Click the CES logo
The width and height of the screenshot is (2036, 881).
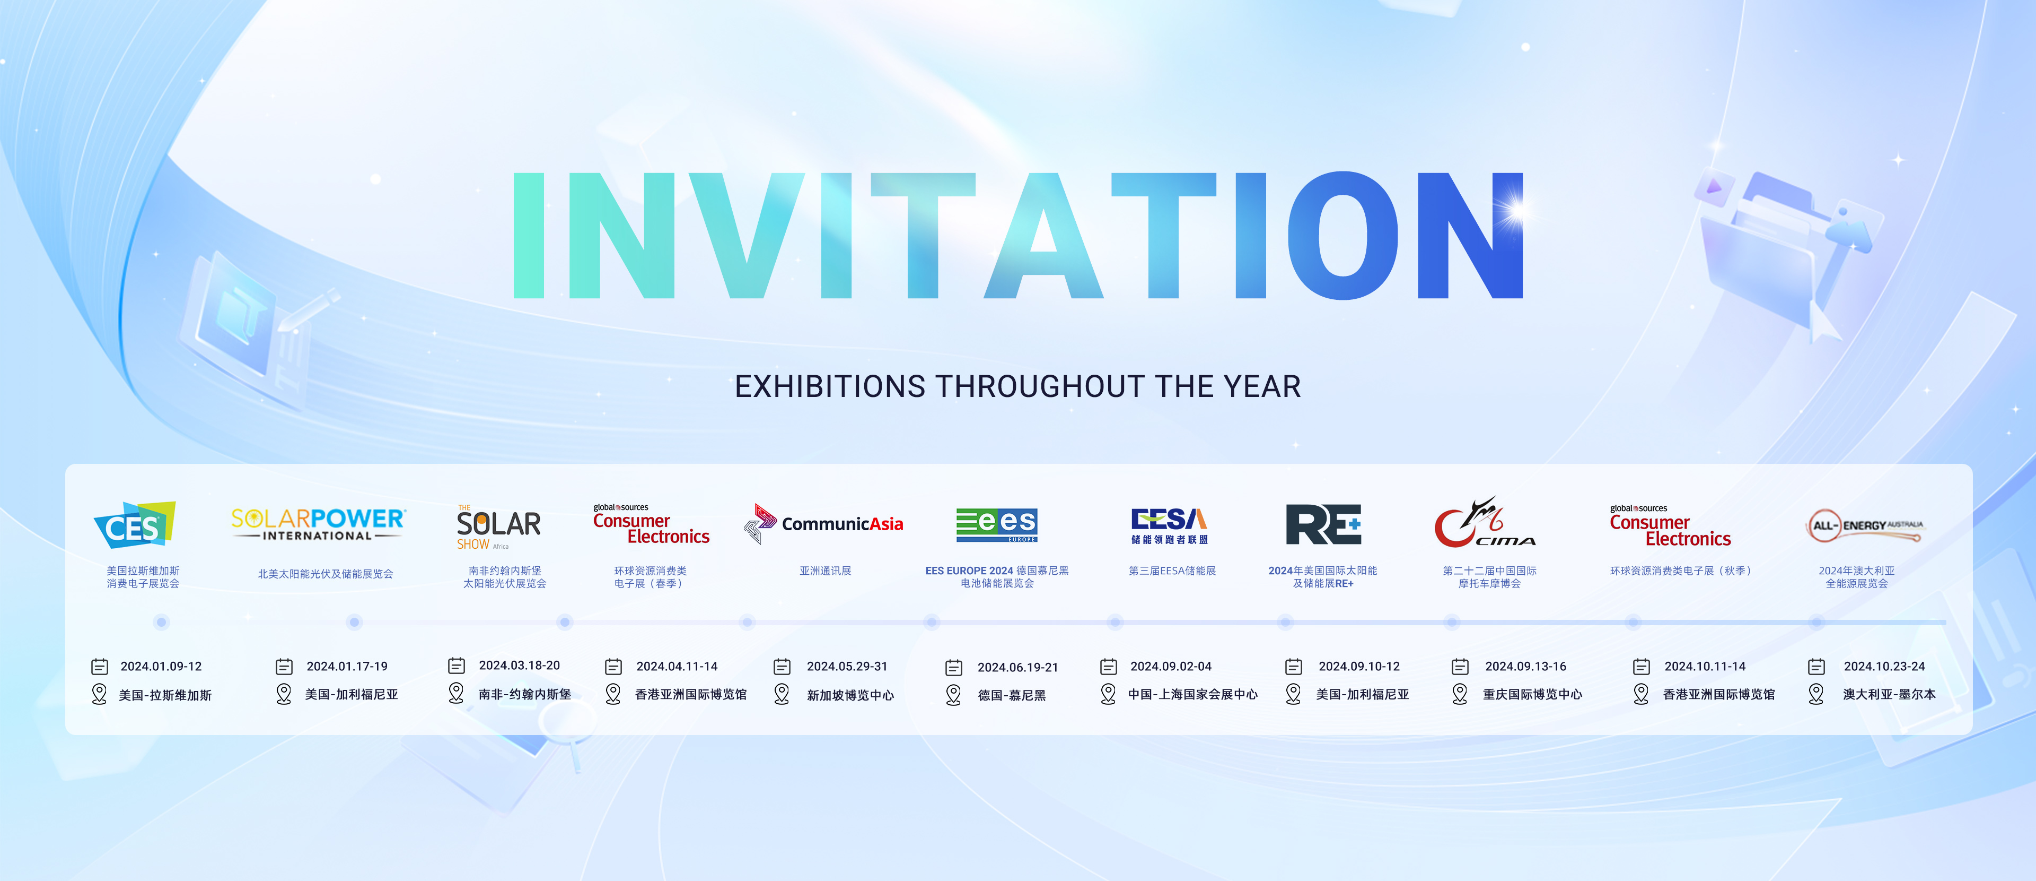point(134,525)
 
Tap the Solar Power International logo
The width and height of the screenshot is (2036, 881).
point(318,524)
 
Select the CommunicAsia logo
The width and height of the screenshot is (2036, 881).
point(823,523)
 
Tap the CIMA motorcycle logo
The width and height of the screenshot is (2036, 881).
point(1485,523)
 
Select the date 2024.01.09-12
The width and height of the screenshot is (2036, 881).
point(161,667)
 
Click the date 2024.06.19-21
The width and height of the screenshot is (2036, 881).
point(1018,668)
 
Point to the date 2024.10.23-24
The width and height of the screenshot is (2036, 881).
point(1884,667)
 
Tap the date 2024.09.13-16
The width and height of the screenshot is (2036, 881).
point(1525,667)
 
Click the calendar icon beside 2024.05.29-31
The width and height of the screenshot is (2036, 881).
point(782,667)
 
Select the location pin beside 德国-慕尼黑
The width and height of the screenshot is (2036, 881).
point(954,694)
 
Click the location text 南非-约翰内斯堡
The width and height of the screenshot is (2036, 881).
point(525,694)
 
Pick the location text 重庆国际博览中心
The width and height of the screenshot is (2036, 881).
point(1532,694)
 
